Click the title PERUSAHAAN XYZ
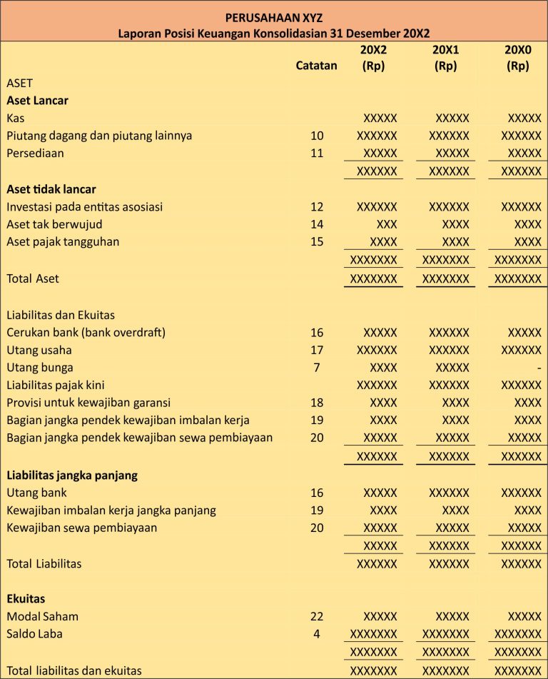pyautogui.click(x=274, y=17)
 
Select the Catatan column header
pyautogui.click(x=316, y=66)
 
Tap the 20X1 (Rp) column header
pyautogui.click(x=445, y=58)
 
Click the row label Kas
pyautogui.click(x=16, y=118)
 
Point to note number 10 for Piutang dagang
pyautogui.click(x=317, y=136)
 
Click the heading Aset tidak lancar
pyautogui.click(x=51, y=189)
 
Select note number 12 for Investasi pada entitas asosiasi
pyautogui.click(x=317, y=207)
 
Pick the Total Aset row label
pyautogui.click(x=33, y=278)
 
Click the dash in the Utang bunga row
pyautogui.click(x=539, y=368)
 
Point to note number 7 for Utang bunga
pyautogui.click(x=317, y=368)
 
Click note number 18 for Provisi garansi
pyautogui.click(x=317, y=403)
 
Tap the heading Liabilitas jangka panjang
pyautogui.click(x=72, y=475)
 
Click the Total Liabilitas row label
pyautogui.click(x=44, y=563)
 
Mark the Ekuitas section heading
pyautogui.click(x=26, y=598)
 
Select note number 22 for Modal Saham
pyautogui.click(x=317, y=616)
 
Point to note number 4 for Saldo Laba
pyautogui.click(x=317, y=633)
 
